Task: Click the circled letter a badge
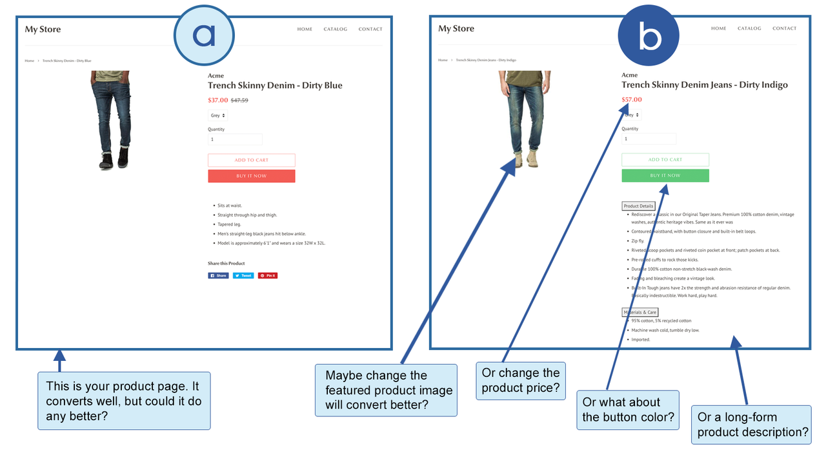tap(204, 35)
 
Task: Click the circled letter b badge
tap(649, 36)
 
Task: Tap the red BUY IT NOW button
tap(251, 176)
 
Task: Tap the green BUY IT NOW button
tap(665, 175)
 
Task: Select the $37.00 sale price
tap(217, 101)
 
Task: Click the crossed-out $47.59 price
tap(239, 101)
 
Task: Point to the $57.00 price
tap(631, 100)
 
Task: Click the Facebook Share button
tap(218, 275)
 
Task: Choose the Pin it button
tap(268, 275)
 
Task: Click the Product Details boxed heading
tap(638, 206)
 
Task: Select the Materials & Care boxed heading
tap(640, 312)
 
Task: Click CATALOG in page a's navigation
tap(336, 29)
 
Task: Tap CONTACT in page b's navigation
tap(784, 28)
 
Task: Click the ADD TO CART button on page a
tap(251, 160)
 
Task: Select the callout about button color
tap(628, 410)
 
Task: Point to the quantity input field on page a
tap(235, 139)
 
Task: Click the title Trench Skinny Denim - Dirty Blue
tap(275, 86)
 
